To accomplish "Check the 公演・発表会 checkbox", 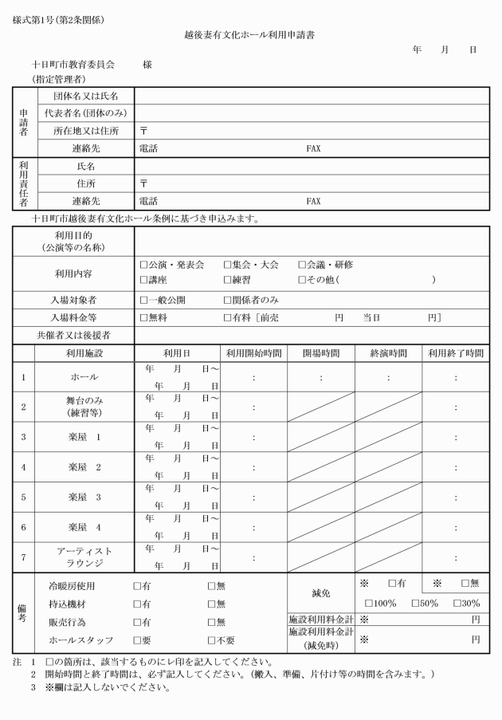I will tap(143, 265).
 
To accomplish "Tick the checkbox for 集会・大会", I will tap(227, 265).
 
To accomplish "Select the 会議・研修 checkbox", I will tap(302, 265).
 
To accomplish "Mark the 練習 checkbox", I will tap(227, 280).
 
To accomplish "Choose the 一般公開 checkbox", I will tap(143, 301).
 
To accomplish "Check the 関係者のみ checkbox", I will tap(227, 301).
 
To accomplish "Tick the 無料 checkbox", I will tap(143, 317).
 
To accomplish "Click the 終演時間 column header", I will tap(388, 353).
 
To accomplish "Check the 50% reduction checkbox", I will tap(415, 603).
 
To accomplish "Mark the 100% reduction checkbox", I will tap(369, 603).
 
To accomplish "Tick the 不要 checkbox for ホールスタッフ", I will tap(212, 639).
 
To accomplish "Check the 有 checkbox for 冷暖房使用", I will tap(137, 585).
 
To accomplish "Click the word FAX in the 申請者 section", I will tap(313, 148).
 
